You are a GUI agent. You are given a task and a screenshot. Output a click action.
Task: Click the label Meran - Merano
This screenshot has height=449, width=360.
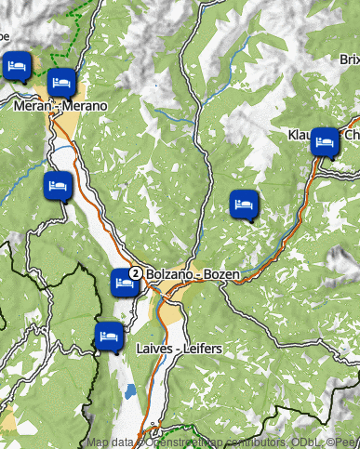pos(60,106)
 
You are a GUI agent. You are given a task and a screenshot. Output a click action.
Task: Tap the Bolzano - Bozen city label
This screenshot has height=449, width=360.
pos(193,275)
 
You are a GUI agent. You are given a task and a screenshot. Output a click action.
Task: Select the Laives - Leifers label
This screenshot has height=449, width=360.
pos(179,349)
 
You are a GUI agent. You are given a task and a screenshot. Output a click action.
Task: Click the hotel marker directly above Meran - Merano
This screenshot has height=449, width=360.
pos(60,83)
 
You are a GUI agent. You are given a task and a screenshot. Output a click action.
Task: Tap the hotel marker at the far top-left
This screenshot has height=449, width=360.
pos(17,67)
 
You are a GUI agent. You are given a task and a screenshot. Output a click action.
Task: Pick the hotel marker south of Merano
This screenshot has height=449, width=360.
pos(57,184)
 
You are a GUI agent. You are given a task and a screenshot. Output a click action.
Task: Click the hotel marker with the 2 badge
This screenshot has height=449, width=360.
pos(124,281)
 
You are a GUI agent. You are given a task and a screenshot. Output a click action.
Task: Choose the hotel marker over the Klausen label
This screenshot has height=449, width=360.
pos(324,141)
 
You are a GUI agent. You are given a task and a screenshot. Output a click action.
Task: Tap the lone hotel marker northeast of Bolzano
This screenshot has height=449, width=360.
pos(244,203)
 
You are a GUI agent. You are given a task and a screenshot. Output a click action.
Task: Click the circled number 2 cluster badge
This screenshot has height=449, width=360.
pos(136,273)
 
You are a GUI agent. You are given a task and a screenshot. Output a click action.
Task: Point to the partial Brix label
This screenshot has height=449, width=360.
pos(349,59)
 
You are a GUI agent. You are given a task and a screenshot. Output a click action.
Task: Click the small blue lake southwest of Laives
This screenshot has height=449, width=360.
pos(130,391)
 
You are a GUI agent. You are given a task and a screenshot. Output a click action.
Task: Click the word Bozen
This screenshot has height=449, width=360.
pos(222,275)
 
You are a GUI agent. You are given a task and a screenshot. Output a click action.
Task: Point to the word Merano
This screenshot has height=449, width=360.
pos(86,106)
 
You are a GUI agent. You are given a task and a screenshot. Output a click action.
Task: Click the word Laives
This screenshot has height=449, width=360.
pos(154,349)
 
